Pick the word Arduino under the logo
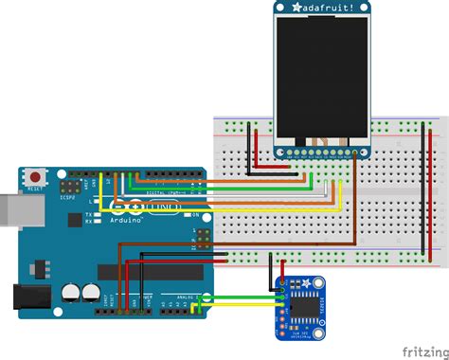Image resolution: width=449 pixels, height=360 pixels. [124, 220]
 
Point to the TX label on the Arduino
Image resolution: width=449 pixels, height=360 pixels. [88, 215]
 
